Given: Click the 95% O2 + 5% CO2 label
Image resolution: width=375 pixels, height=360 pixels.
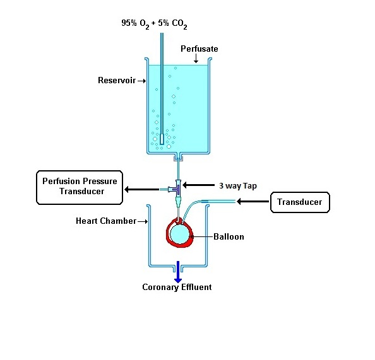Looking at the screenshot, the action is pyautogui.click(x=154, y=24).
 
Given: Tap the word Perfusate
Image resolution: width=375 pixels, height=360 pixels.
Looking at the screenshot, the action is pyautogui.click(x=199, y=49).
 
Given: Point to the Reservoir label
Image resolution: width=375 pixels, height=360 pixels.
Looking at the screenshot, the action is pyautogui.click(x=117, y=80).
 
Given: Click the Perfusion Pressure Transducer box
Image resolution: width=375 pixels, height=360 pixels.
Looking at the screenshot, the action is pyautogui.click(x=80, y=187).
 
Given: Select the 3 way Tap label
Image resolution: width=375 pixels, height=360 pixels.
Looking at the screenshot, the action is pyautogui.click(x=238, y=186).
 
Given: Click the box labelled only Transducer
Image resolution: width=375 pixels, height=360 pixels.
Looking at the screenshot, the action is pyautogui.click(x=300, y=202).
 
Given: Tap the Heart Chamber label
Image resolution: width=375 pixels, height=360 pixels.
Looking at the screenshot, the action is pyautogui.click(x=106, y=221).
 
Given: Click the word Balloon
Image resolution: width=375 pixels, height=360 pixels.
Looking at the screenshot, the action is pyautogui.click(x=229, y=236).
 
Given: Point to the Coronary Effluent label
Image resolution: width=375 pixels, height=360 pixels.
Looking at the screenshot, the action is pyautogui.click(x=177, y=287).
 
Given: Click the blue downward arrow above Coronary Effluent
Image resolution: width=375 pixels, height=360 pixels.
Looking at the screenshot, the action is pyautogui.click(x=177, y=272).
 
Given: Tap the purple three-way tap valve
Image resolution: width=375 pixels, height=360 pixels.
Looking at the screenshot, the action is pyautogui.click(x=177, y=189).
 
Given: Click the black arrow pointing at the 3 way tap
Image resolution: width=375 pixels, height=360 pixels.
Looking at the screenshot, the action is pyautogui.click(x=198, y=185).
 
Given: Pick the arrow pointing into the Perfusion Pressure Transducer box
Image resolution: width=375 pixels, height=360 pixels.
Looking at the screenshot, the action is pyautogui.click(x=142, y=189).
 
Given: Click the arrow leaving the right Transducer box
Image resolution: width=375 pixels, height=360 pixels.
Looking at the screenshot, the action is pyautogui.click(x=253, y=202).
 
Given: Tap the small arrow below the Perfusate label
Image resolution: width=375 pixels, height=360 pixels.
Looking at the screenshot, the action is pyautogui.click(x=196, y=59).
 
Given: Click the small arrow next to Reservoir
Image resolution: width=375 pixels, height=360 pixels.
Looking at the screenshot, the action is pyautogui.click(x=141, y=81).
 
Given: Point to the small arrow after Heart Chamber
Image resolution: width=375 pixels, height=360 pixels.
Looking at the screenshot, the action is pyautogui.click(x=143, y=222).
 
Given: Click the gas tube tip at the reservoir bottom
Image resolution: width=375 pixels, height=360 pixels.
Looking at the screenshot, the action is pyautogui.click(x=162, y=139).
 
